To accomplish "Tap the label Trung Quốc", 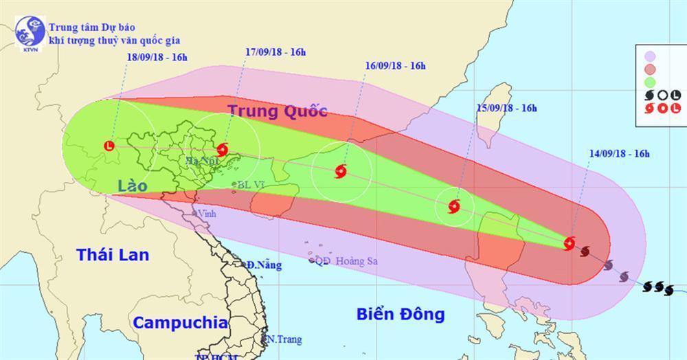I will tap(277, 111).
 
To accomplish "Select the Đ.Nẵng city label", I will tap(265, 265).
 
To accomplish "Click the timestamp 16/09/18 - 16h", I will tap(395, 66).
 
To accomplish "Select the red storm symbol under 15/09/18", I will tap(453, 205).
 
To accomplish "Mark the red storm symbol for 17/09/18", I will tap(223, 149).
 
